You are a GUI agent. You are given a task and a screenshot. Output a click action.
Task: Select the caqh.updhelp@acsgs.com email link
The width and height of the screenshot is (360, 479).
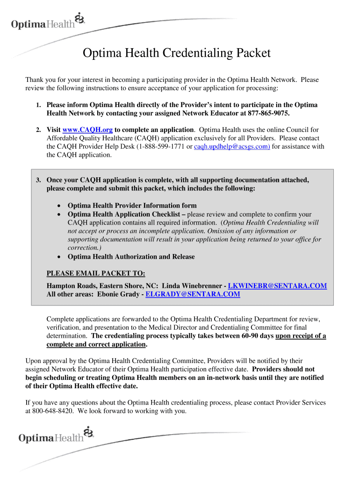click(x=232, y=147)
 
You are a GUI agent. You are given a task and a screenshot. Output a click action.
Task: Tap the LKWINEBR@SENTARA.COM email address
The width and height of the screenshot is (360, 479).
click(x=277, y=286)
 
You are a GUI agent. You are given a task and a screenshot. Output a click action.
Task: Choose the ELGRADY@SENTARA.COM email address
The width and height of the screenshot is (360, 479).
click(x=193, y=294)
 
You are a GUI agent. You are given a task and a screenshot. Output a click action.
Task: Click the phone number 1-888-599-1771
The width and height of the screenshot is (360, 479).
click(x=161, y=147)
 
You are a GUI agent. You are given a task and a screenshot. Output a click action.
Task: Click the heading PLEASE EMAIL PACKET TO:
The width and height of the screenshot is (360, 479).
click(x=96, y=274)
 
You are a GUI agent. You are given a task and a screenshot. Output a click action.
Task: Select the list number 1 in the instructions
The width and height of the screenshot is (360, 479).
click(x=39, y=105)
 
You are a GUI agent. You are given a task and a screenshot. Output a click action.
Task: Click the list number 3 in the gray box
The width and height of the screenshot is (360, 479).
click(x=39, y=180)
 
